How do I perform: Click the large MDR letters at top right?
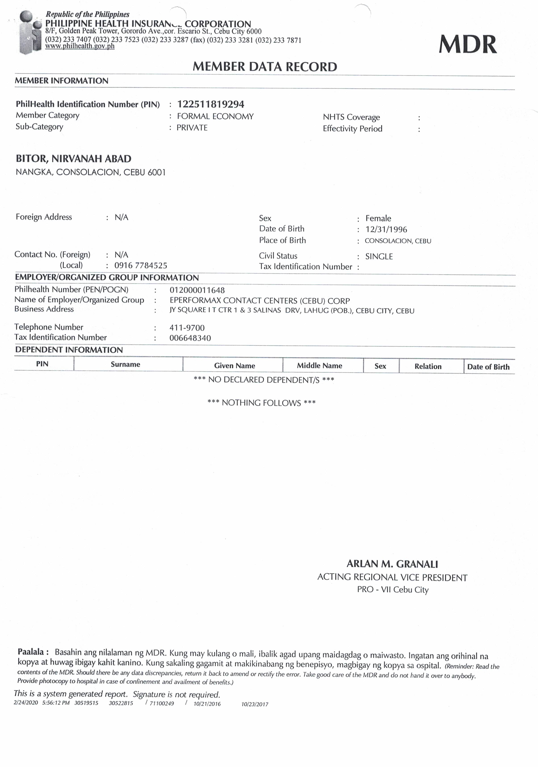pyautogui.click(x=467, y=44)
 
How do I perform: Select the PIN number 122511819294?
pyautogui.click(x=211, y=104)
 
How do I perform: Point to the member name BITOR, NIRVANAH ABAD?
pyautogui.click(x=73, y=159)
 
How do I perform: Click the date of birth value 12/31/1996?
pyautogui.click(x=386, y=229)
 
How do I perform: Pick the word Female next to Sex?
pyautogui.click(x=378, y=218)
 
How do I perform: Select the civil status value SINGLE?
pyautogui.click(x=379, y=257)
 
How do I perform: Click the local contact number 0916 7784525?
pyautogui.click(x=141, y=266)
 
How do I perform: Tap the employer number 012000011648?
pyautogui.click(x=197, y=290)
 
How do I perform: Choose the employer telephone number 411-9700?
pyautogui.click(x=187, y=328)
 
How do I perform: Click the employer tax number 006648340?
pyautogui.click(x=190, y=338)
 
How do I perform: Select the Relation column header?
pyautogui.click(x=428, y=366)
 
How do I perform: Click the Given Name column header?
pyautogui.click(x=234, y=366)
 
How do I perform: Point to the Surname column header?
pyautogui.click(x=125, y=364)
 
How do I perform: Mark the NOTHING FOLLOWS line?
pyautogui.click(x=262, y=403)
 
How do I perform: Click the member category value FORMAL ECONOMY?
pyautogui.click(x=215, y=116)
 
